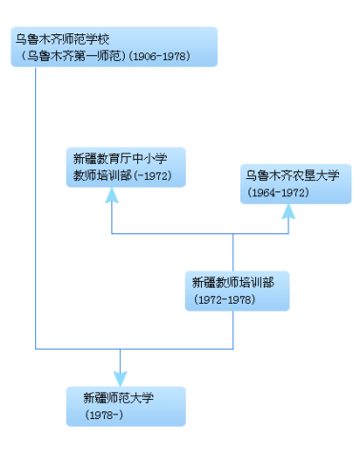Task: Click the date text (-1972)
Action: (x=152, y=176)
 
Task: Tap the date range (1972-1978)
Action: (x=224, y=299)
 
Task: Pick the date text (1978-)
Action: (x=104, y=415)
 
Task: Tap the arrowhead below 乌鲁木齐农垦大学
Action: (x=289, y=212)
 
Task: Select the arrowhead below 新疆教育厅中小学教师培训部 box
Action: (x=111, y=195)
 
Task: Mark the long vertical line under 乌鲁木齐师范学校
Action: (x=35, y=210)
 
